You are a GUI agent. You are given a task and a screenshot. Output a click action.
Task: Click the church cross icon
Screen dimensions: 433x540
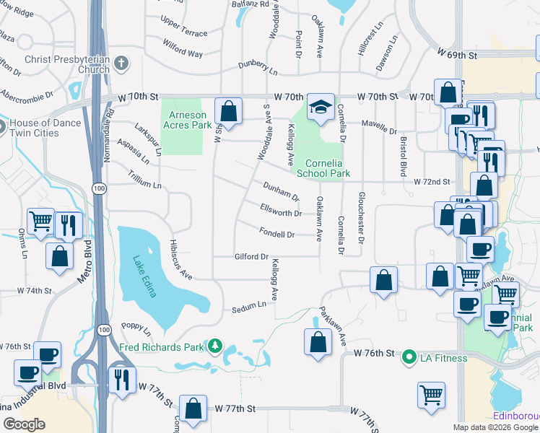pyautogui.click(x=121, y=64)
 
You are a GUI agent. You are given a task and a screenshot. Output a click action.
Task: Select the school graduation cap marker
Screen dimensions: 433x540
pyautogui.click(x=320, y=108)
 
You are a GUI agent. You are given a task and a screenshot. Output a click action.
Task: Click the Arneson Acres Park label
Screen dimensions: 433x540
pyautogui.click(x=188, y=120)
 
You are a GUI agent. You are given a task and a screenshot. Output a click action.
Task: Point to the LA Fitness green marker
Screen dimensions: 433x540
pyautogui.click(x=409, y=357)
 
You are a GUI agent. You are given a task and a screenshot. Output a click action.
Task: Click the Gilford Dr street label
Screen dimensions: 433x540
pyautogui.click(x=251, y=257)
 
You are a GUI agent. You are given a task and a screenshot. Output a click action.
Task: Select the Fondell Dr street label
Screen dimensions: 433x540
pyautogui.click(x=276, y=234)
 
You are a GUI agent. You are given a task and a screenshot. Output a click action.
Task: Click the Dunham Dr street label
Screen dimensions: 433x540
pyautogui.click(x=281, y=191)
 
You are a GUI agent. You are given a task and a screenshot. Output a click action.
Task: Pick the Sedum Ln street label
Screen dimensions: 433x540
pyautogui.click(x=249, y=308)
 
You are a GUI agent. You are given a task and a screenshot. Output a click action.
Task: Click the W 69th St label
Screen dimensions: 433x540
pyautogui.click(x=458, y=55)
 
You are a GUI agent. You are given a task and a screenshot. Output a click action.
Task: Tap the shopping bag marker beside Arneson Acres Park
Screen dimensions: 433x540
pyautogui.click(x=228, y=113)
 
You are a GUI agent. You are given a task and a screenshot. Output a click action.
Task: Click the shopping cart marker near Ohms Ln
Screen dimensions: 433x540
pyautogui.click(x=40, y=221)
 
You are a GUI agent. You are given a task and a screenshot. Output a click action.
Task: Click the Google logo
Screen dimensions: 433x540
pyautogui.click(x=24, y=424)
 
